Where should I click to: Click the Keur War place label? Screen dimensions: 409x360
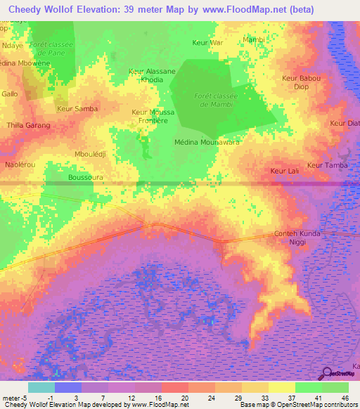[x=207, y=43]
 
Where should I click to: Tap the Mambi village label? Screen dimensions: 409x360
[x=254, y=39]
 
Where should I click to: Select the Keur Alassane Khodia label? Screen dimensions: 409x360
[x=152, y=75]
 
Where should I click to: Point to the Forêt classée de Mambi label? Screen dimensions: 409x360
[x=217, y=100]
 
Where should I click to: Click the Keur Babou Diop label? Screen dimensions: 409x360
[x=301, y=82]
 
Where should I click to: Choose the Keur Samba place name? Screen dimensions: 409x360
[x=77, y=108]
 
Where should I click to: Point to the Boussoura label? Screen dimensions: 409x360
[x=86, y=178]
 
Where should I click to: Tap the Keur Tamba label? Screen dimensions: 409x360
[x=328, y=165]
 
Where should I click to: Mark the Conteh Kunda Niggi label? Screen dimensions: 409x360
[x=297, y=238]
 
